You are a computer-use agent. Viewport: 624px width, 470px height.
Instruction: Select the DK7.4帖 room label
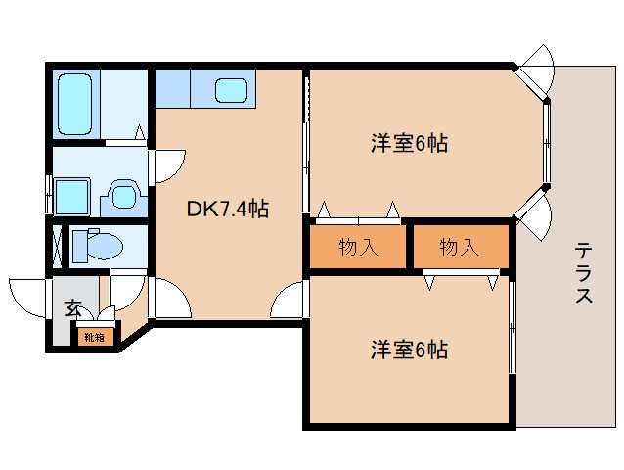point(228,208)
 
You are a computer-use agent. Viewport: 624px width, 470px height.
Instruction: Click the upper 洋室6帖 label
point(409,144)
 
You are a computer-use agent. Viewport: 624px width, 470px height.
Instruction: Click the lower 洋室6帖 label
point(409,349)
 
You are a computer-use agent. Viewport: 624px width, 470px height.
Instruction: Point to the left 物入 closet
point(358,247)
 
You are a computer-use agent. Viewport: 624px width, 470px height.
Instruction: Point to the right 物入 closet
point(459,247)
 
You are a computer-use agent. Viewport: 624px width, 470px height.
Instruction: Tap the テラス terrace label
point(584,273)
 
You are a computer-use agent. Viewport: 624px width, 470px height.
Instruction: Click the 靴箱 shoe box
point(95,337)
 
